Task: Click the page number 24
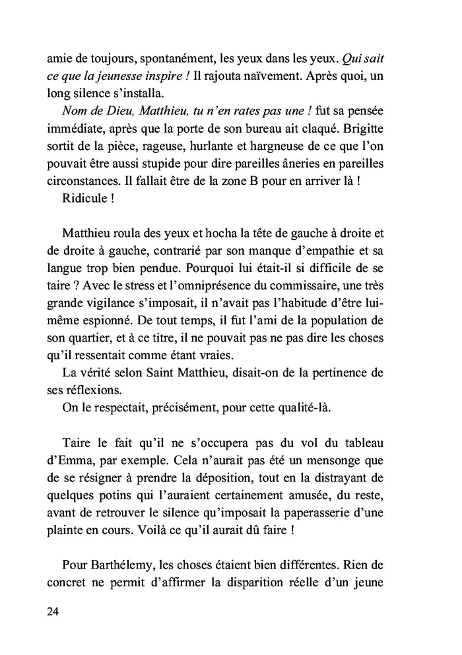click(53, 611)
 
